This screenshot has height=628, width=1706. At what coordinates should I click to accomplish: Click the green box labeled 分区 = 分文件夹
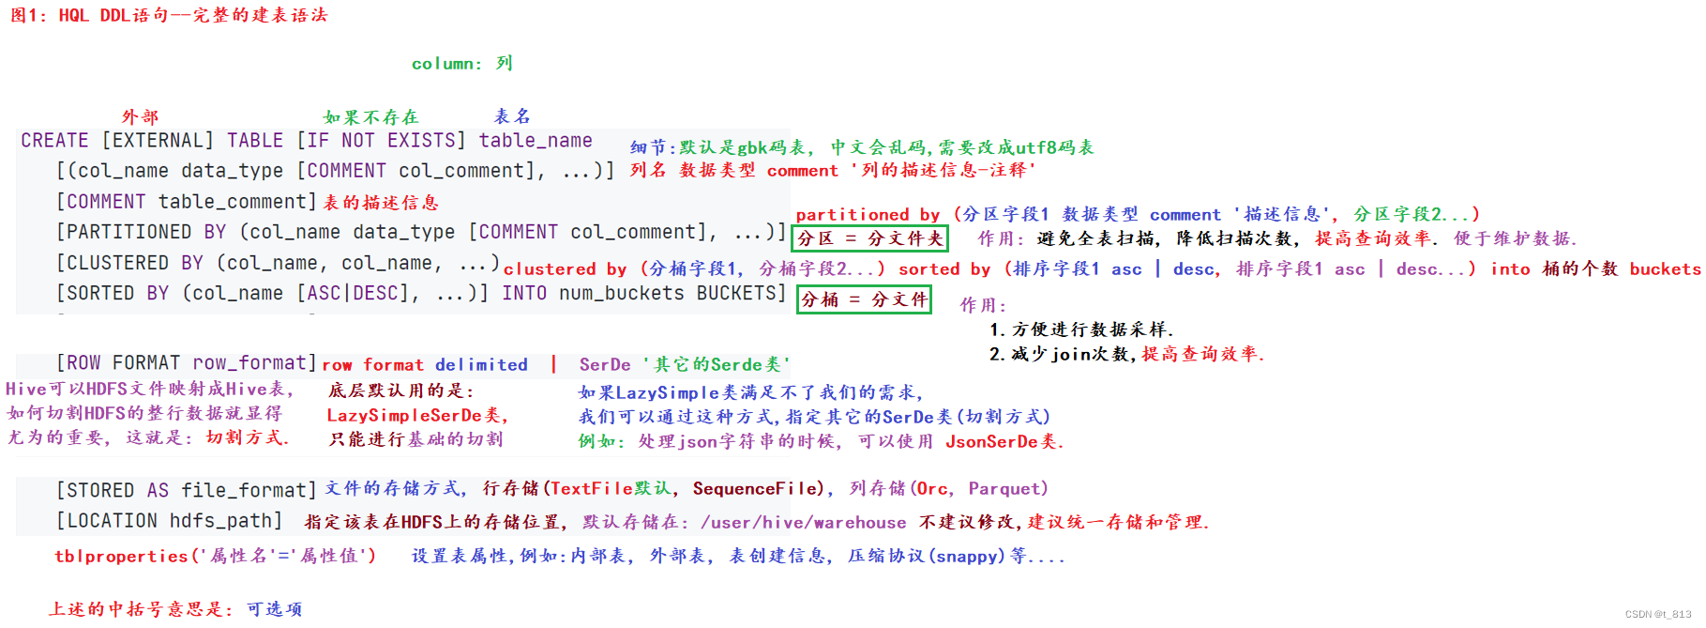(869, 238)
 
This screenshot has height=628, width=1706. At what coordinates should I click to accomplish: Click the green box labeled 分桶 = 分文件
(864, 299)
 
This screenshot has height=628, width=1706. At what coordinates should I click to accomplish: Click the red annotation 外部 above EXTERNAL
(140, 117)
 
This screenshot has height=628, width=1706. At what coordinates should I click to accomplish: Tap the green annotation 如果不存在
(370, 117)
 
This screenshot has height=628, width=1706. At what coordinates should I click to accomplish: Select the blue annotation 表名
(512, 116)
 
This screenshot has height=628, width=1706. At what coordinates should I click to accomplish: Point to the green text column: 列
(461, 64)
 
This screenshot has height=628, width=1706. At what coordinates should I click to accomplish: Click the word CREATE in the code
(54, 141)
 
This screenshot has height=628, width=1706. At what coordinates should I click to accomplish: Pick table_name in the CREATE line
(536, 141)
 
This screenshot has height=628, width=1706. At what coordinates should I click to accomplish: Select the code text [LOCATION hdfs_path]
(169, 521)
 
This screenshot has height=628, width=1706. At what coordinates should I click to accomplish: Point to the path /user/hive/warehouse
(803, 523)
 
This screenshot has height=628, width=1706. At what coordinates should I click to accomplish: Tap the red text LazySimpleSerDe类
(416, 415)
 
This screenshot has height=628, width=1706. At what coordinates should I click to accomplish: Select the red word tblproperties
(121, 556)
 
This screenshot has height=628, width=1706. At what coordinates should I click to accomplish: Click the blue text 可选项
(274, 609)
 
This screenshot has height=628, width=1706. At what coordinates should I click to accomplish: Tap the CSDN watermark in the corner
(1657, 614)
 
